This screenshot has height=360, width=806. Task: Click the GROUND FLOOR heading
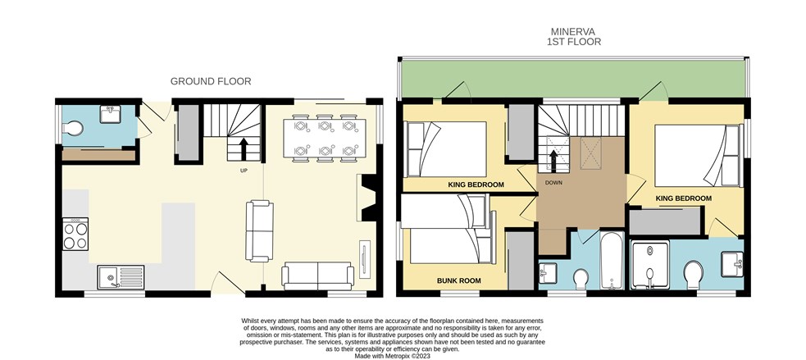(x=211, y=81)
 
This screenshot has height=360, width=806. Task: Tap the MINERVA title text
(x=573, y=32)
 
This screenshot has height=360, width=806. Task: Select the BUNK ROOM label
(x=459, y=280)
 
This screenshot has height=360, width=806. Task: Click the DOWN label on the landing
(x=553, y=183)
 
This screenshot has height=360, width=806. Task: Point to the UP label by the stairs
(x=244, y=171)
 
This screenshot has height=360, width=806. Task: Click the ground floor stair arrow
(x=244, y=148)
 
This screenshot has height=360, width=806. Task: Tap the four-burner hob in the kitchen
(x=75, y=234)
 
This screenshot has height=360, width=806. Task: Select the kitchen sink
(x=121, y=277)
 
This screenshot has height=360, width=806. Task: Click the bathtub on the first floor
(x=612, y=260)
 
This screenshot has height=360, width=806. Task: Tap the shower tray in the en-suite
(x=650, y=265)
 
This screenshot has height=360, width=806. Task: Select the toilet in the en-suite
(x=694, y=275)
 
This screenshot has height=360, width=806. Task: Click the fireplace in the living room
(x=368, y=198)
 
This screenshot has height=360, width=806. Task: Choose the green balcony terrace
(x=573, y=78)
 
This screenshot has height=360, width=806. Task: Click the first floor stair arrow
(x=553, y=160)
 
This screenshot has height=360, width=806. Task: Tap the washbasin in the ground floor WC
(x=111, y=114)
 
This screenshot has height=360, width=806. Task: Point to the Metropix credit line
(x=393, y=355)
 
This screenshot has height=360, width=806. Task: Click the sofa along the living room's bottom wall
(x=317, y=276)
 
